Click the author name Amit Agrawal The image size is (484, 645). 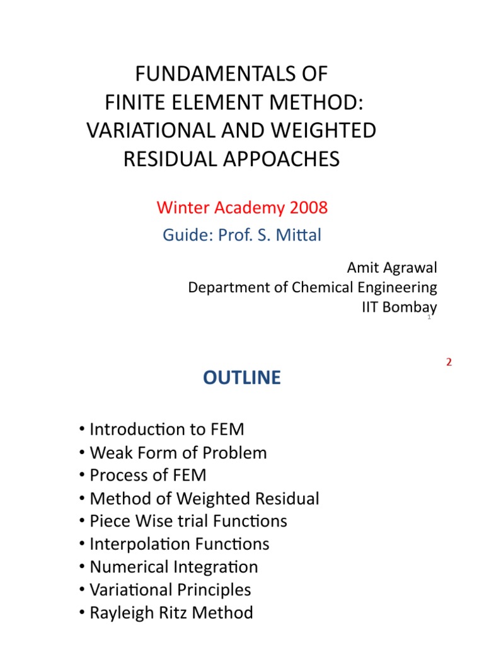tap(391, 268)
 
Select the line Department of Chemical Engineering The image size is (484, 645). tap(313, 288)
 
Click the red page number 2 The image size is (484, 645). tap(449, 363)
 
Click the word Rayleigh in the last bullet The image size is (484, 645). tap(118, 612)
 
